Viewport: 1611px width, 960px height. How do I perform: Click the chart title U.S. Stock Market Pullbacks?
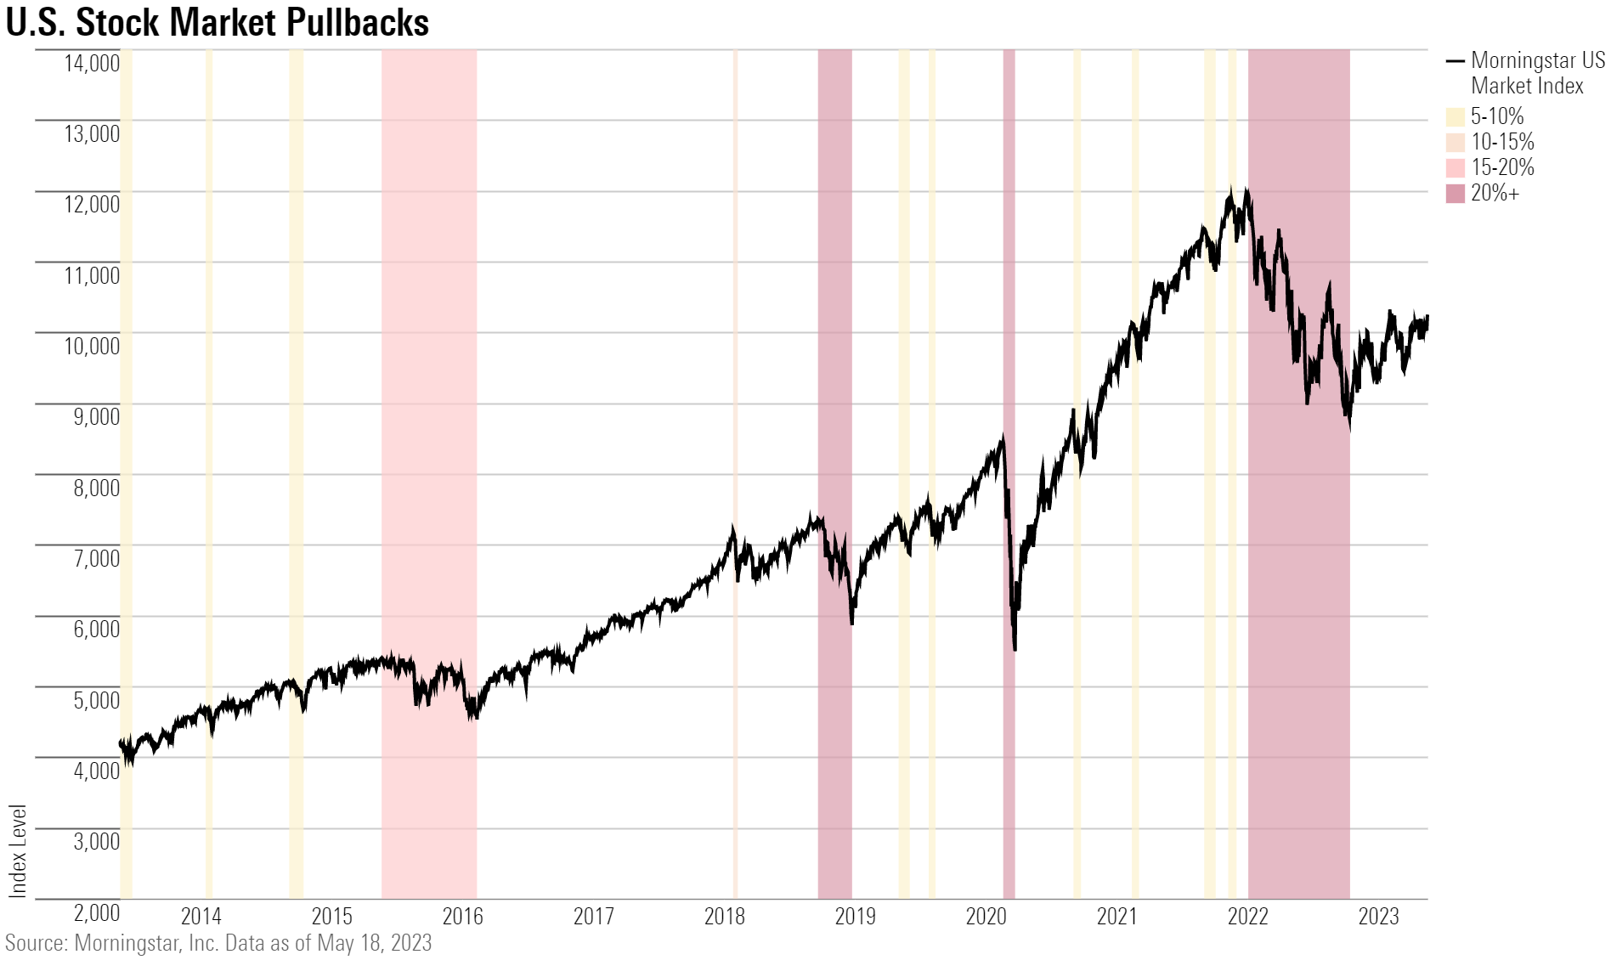(218, 22)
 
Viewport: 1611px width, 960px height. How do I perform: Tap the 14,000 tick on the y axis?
(92, 63)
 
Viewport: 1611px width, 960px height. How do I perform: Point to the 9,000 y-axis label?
(92, 416)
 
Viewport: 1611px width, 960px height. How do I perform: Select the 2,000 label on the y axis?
(97, 912)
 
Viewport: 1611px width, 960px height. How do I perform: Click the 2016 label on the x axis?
(462, 917)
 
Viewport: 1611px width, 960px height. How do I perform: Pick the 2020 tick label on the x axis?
(986, 917)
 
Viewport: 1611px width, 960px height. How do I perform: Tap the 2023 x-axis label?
(1378, 917)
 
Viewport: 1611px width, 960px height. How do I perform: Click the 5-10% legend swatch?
(1456, 117)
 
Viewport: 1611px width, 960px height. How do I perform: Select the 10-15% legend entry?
(1502, 142)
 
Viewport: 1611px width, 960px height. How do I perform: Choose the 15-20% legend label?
(1502, 167)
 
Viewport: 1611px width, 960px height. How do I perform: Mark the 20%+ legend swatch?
(1456, 194)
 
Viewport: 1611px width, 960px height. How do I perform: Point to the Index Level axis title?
(18, 850)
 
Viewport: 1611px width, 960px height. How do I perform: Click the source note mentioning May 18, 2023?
(218, 943)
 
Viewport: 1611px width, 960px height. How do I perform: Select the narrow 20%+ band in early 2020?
(1009, 255)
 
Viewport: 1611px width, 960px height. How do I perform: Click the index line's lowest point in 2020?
(1015, 650)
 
